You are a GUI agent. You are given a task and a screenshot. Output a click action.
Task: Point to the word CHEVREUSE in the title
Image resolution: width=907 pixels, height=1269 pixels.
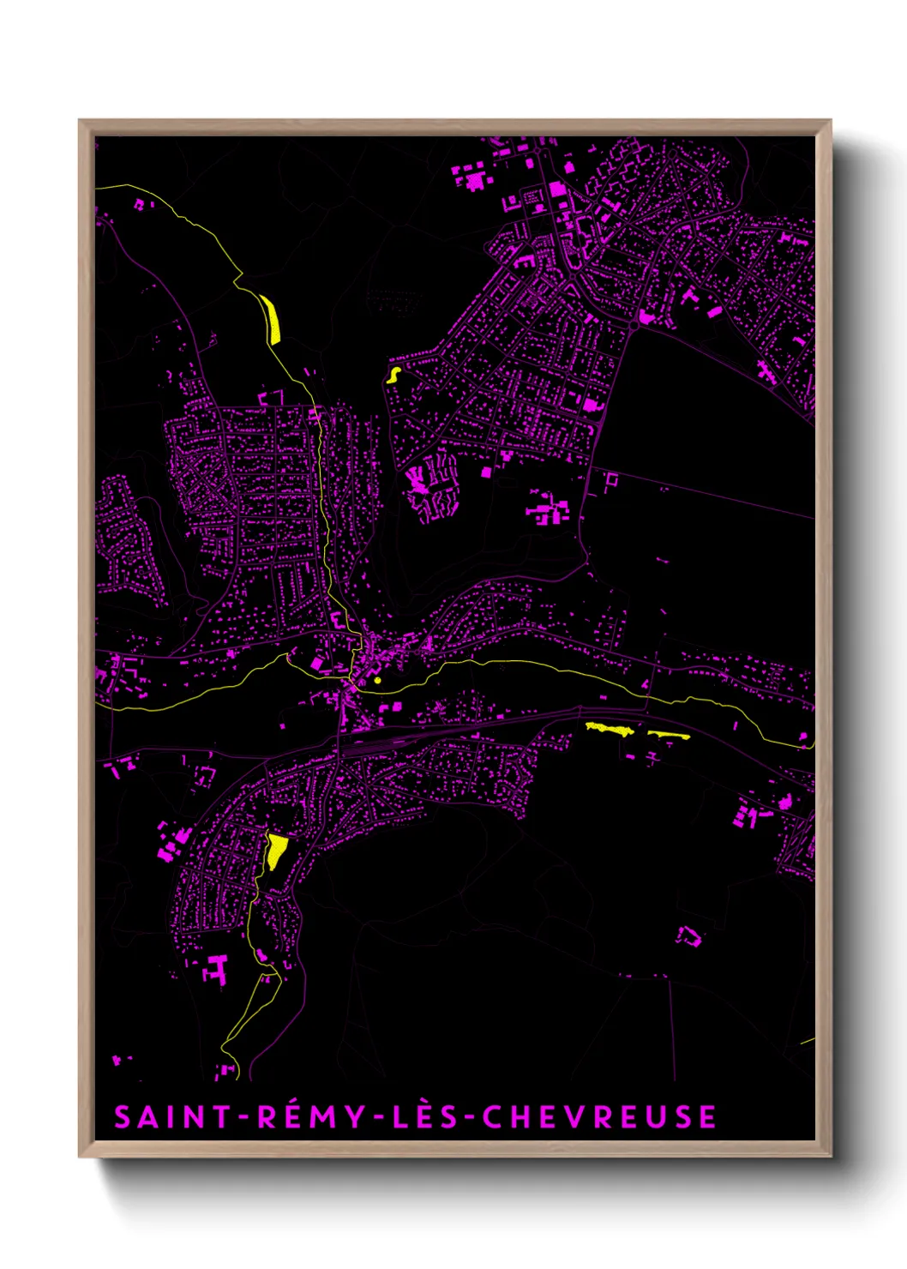click(598, 1117)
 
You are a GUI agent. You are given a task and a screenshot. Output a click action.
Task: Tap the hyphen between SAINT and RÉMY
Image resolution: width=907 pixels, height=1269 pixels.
click(244, 1118)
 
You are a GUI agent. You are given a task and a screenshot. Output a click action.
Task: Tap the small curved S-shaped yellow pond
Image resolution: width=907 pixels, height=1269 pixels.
click(393, 375)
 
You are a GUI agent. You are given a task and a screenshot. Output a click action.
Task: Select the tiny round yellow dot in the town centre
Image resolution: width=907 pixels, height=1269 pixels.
click(377, 681)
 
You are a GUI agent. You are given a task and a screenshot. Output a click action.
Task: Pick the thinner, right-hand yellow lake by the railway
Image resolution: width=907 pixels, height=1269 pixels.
click(669, 735)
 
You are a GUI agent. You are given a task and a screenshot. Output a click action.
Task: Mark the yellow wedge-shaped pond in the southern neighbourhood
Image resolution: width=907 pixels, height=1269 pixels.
click(276, 851)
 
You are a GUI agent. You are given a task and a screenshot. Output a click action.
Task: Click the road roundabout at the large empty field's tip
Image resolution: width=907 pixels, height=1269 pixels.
click(634, 326)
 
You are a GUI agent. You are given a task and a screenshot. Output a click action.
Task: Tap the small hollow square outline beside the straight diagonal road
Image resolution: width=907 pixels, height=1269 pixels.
click(610, 482)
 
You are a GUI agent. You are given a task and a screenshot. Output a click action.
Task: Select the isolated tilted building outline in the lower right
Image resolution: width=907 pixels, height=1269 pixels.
click(689, 935)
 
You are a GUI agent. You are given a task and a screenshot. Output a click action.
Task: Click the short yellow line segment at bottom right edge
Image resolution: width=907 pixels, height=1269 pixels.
click(808, 1041)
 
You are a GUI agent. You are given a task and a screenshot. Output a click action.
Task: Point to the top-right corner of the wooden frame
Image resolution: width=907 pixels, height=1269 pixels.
click(830, 122)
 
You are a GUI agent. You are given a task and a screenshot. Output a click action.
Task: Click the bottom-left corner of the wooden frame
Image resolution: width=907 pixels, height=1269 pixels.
click(81, 1156)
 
